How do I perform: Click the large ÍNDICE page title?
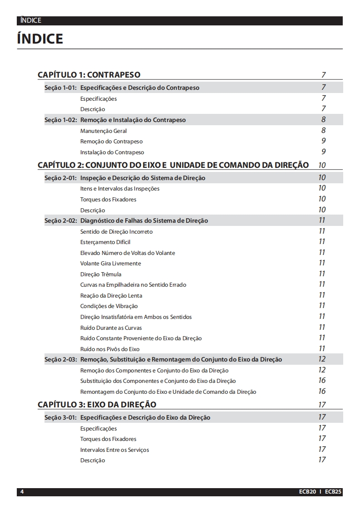(40, 39)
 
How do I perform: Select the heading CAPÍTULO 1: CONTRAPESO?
(89, 75)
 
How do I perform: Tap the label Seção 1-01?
(60, 88)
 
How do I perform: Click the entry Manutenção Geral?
(104, 131)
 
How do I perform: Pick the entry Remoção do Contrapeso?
(111, 142)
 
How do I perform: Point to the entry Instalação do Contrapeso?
(112, 152)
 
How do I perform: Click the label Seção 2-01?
(60, 178)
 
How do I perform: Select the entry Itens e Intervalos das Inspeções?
(120, 189)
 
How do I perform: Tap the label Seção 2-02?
(60, 221)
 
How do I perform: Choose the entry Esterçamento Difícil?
(105, 242)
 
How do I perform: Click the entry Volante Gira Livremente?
(111, 264)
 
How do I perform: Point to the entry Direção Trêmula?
(101, 274)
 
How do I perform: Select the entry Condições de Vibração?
(109, 306)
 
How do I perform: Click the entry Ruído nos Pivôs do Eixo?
(110, 349)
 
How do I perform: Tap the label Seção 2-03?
(60, 360)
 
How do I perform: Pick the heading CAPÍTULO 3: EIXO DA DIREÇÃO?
(97, 405)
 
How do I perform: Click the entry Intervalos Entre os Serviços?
(114, 450)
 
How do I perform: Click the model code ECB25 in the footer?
(333, 492)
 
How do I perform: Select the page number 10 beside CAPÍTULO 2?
(322, 165)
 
